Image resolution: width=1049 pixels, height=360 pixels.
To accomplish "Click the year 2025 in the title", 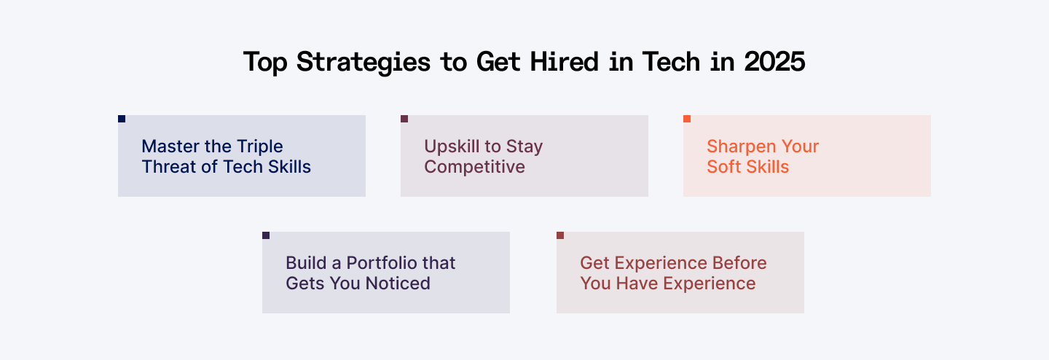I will click(x=774, y=62).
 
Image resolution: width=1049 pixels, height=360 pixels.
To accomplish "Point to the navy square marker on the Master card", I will click(x=122, y=119).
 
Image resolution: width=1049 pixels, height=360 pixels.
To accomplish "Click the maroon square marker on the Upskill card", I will click(x=404, y=119).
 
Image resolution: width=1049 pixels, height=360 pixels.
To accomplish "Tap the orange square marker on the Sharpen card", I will click(x=687, y=119).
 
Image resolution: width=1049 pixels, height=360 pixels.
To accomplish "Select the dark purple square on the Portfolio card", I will click(x=266, y=235).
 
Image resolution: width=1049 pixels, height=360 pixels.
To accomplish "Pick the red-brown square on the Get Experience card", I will click(x=560, y=235).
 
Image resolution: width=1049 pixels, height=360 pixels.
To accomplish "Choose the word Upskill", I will click(x=452, y=146).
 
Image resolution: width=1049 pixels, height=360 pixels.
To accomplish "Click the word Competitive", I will click(x=474, y=167).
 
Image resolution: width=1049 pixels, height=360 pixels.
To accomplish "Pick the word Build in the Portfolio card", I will click(x=306, y=263).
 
